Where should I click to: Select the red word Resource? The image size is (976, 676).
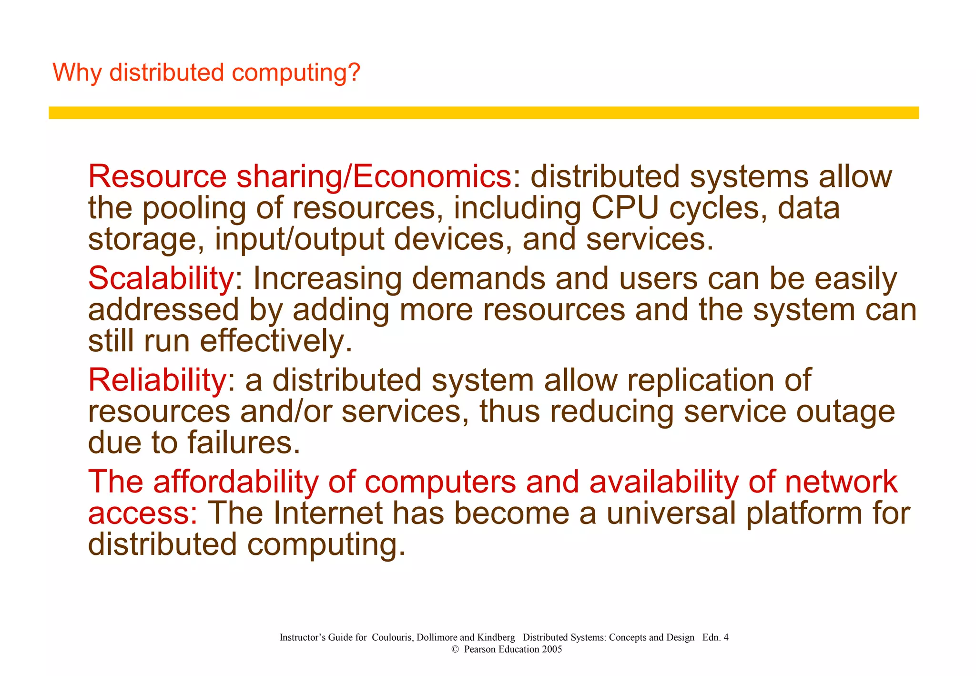click(157, 176)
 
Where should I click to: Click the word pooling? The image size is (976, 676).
click(194, 209)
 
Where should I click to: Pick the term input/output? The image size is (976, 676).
click(299, 239)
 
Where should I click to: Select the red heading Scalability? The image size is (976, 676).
click(161, 278)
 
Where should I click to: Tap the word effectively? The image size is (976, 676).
click(276, 341)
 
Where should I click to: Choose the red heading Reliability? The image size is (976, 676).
click(157, 380)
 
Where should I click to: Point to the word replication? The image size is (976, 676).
click(719, 381)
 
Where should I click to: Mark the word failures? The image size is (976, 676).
click(244, 442)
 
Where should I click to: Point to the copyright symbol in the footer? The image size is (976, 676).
click(455, 649)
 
